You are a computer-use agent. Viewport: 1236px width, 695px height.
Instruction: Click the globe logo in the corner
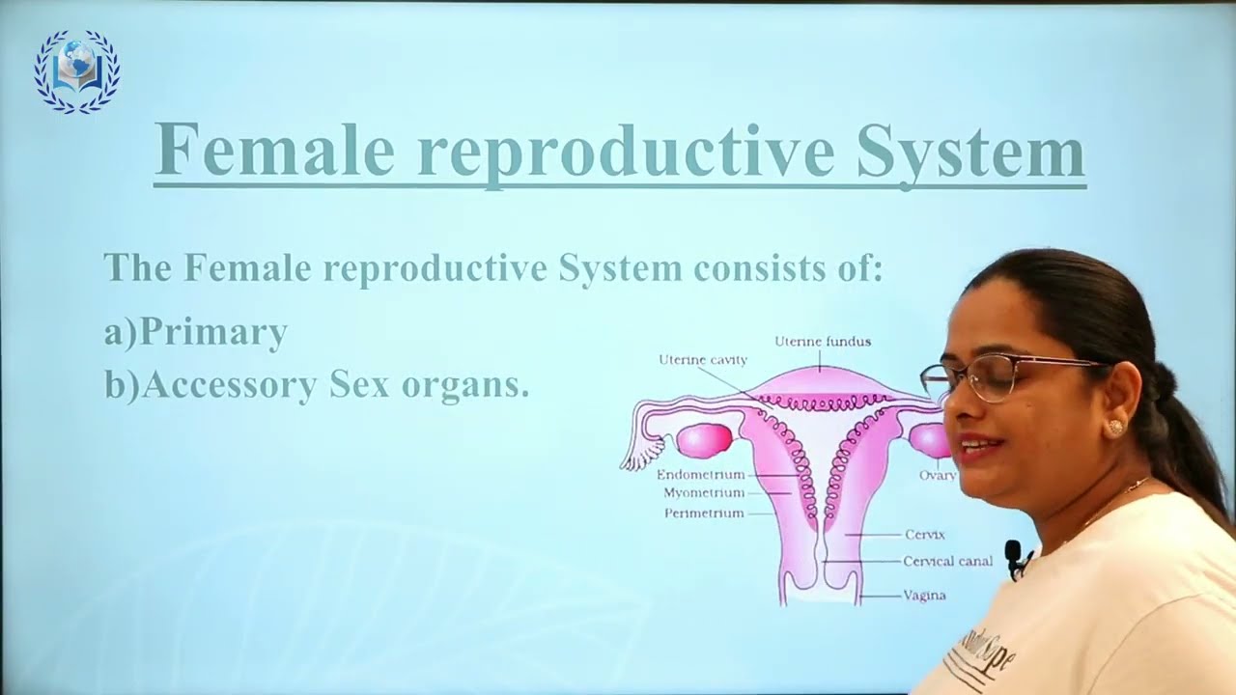click(x=76, y=70)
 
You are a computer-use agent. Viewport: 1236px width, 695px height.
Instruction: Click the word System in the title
click(x=970, y=153)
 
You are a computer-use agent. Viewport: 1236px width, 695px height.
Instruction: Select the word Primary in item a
click(x=213, y=333)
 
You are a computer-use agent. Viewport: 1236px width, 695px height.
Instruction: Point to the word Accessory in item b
click(x=229, y=385)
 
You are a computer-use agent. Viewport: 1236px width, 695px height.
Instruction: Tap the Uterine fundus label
click(x=823, y=342)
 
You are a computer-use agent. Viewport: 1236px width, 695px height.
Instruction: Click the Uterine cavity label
click(x=703, y=360)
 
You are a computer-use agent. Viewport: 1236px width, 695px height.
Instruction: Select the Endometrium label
click(x=700, y=475)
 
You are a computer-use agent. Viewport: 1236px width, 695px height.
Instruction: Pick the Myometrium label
click(x=704, y=493)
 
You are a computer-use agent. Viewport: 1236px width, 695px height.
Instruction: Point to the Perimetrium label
click(x=704, y=514)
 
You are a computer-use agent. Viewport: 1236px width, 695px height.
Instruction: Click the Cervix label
click(x=924, y=535)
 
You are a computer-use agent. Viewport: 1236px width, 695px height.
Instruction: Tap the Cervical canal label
click(x=947, y=561)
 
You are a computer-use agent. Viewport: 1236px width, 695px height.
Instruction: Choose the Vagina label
click(x=924, y=596)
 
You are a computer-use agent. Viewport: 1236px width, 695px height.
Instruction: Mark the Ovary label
click(x=937, y=475)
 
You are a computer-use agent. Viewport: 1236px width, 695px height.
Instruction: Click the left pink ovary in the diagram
click(x=704, y=441)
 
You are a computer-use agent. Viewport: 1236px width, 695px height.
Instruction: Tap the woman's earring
click(x=1115, y=426)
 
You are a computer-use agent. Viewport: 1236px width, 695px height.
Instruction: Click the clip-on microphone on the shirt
click(x=1013, y=555)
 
